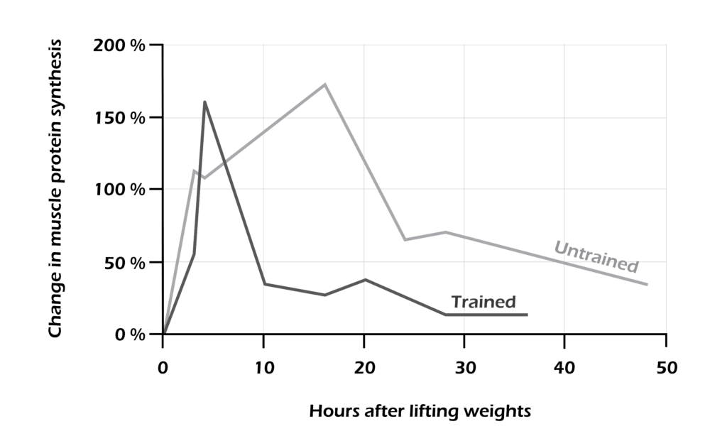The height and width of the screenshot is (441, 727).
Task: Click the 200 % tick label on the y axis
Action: click(x=119, y=45)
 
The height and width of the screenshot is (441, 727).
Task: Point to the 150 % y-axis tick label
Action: click(x=119, y=117)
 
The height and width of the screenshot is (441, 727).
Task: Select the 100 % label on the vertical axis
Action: click(x=119, y=190)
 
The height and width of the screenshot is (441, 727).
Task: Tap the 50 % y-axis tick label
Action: click(x=124, y=262)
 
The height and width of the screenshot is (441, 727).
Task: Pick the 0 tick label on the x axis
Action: click(x=163, y=368)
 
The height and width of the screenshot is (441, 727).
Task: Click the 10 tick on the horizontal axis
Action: click(x=263, y=368)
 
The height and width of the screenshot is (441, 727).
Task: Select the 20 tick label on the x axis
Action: click(x=363, y=368)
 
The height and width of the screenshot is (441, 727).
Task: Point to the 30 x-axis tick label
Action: click(x=464, y=368)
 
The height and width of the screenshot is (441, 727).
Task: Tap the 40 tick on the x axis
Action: click(x=564, y=368)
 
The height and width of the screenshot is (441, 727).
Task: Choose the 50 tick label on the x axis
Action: click(x=665, y=368)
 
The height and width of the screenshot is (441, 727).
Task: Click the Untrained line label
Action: click(x=596, y=257)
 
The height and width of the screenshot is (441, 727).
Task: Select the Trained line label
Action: click(x=483, y=302)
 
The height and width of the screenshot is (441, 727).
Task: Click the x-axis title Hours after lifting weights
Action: click(x=420, y=411)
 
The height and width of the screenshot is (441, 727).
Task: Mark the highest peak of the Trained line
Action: click(x=204, y=102)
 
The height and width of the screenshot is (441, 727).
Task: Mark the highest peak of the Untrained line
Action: click(x=325, y=85)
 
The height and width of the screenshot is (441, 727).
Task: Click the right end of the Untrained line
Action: click(x=647, y=285)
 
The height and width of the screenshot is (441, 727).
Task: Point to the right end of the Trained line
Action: click(x=527, y=315)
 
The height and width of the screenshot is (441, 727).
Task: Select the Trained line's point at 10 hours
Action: click(x=264, y=284)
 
